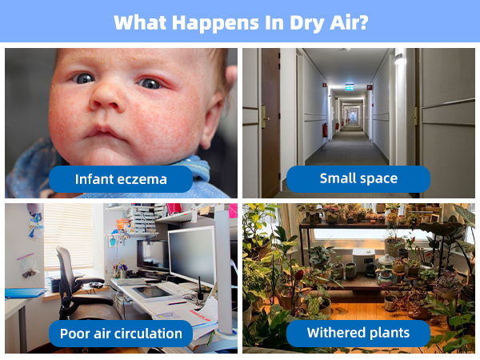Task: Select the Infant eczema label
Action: (x=121, y=179)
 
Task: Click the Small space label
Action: (x=358, y=179)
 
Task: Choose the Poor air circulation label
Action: (x=120, y=333)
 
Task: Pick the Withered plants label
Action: (x=358, y=333)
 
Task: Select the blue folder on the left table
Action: (x=24, y=293)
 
